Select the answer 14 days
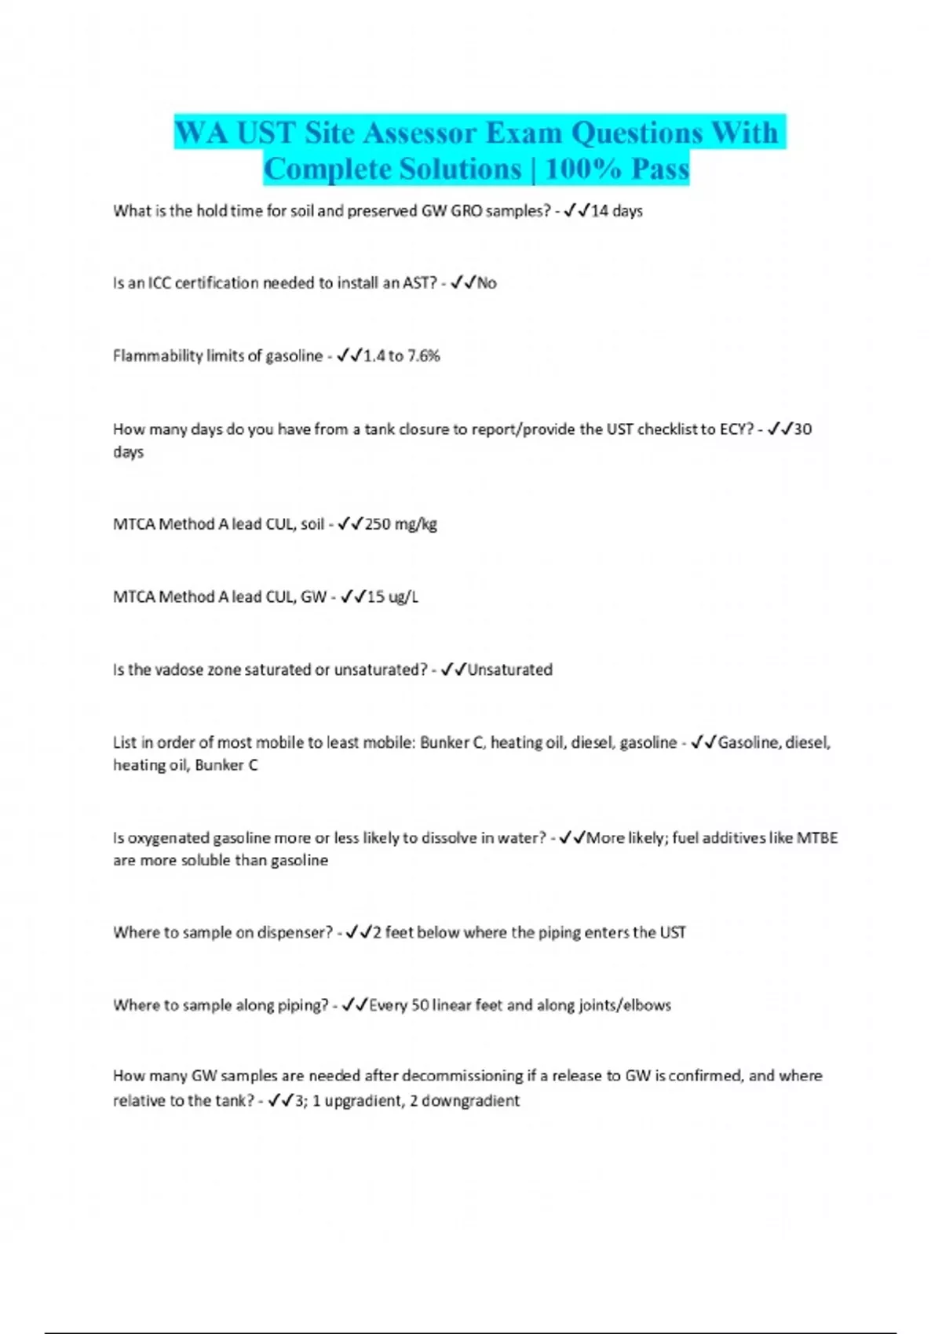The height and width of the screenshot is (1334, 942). (616, 211)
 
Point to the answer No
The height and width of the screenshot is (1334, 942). (487, 283)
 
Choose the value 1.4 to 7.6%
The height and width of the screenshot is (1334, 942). (401, 356)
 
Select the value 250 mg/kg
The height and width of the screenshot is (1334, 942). (400, 524)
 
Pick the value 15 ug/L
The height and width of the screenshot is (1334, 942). (392, 597)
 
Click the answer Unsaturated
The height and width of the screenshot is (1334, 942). (509, 670)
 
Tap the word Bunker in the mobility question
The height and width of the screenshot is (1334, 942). (444, 742)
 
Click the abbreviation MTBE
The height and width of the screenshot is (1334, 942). (817, 838)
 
